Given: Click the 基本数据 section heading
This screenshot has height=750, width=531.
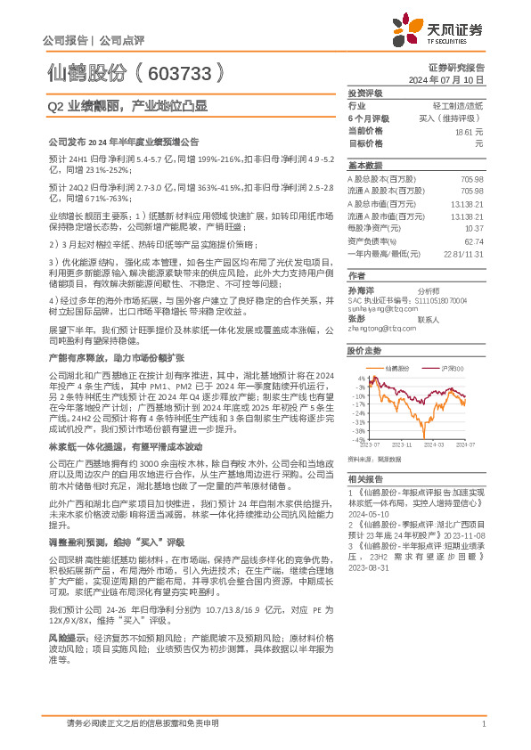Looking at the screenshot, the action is click(364, 166).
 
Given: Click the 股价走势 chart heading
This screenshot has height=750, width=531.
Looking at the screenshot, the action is click(364, 352).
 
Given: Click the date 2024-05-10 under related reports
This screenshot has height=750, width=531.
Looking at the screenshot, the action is click(368, 539).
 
